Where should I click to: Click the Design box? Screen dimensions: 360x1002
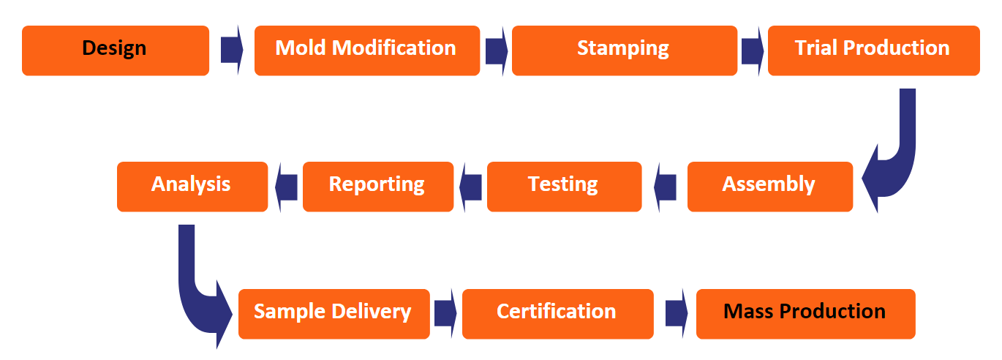click(116, 50)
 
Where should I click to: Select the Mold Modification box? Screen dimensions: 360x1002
click(366, 50)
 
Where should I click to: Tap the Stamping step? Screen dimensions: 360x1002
click(624, 50)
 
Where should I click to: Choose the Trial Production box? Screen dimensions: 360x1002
click(873, 50)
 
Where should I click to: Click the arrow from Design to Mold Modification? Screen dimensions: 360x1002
click(231, 50)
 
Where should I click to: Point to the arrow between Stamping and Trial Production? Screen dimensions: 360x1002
click(752, 50)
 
